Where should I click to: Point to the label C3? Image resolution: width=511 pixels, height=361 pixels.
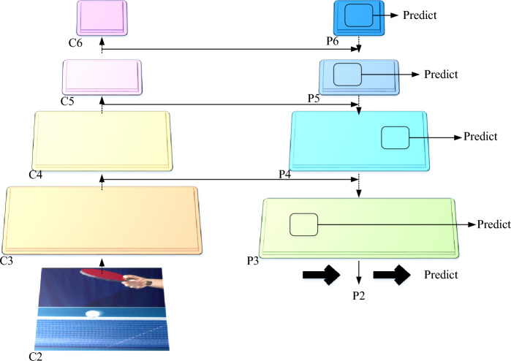[x=8, y=260]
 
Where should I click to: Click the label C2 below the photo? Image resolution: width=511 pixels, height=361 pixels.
[x=35, y=355]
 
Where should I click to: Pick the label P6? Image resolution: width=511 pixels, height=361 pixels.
[x=333, y=42]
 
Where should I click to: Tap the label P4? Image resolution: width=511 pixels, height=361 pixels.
[x=287, y=176]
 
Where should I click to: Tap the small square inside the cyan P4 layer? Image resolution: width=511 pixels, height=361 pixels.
[x=395, y=137]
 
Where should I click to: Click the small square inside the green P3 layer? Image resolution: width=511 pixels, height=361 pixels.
[x=304, y=224]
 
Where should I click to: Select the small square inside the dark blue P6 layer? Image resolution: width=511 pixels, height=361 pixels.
[x=359, y=14]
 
